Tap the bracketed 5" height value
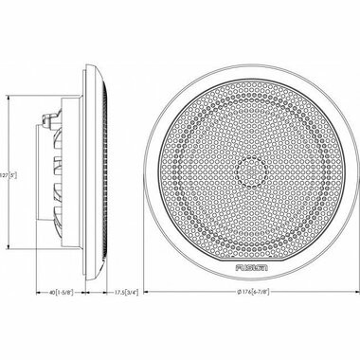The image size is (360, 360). tap(13, 177)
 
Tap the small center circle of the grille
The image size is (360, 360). tap(250, 172)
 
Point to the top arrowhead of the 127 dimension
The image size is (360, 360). tap(9, 92)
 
